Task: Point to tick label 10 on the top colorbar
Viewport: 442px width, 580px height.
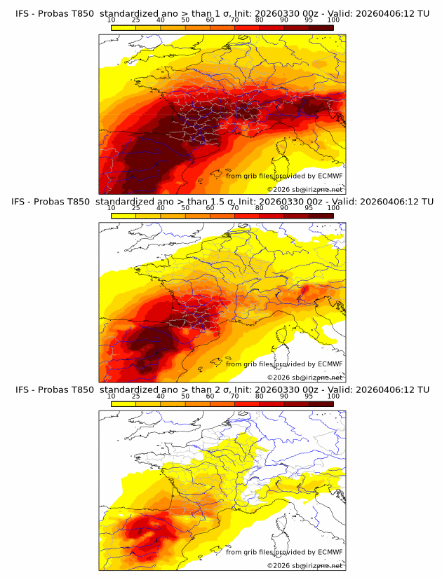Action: (111, 20)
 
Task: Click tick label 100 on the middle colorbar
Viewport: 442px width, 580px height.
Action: (333, 208)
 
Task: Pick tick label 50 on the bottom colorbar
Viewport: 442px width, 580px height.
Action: (185, 396)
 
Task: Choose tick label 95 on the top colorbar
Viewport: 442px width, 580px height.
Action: (309, 20)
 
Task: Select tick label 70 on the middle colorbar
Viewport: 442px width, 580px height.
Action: (234, 208)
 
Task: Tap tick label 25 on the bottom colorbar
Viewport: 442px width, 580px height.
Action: (136, 396)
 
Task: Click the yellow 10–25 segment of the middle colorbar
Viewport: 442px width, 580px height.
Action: (123, 215)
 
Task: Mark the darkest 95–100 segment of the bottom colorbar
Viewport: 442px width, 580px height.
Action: (321, 403)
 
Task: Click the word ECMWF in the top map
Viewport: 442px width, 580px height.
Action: (330, 176)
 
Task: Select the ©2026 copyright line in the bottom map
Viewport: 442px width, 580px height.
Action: (304, 565)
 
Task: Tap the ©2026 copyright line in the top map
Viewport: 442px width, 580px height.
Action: (304, 189)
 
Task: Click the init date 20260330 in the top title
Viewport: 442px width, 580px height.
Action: (271, 13)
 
